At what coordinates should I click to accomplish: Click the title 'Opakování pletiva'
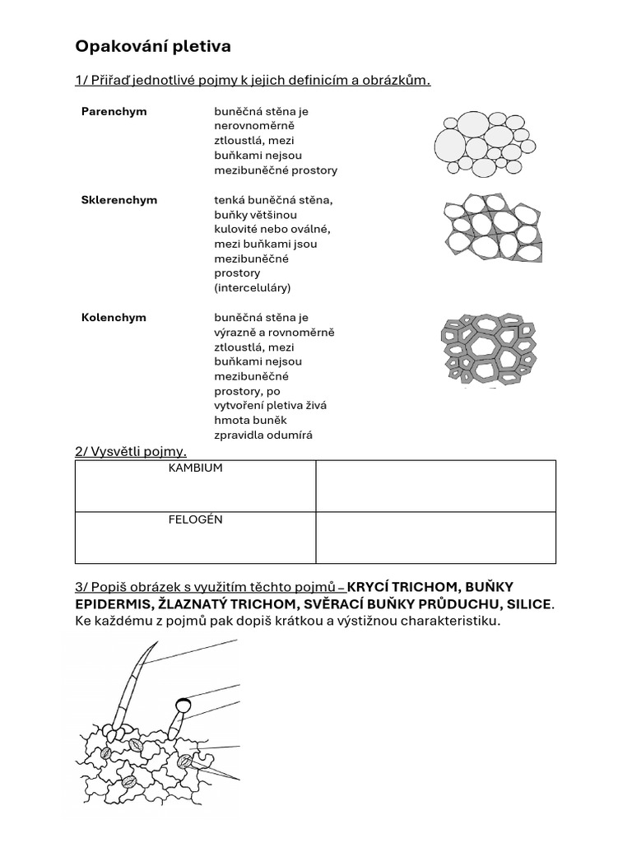[x=153, y=46]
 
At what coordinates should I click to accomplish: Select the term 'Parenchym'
[x=114, y=111]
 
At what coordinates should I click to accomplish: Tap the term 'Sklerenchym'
[x=119, y=200]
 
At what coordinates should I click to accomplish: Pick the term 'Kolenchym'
[x=114, y=318]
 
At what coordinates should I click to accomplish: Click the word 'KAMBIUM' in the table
[x=195, y=468]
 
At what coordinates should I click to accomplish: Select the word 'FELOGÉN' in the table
[x=195, y=519]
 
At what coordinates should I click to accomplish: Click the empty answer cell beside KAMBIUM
[x=435, y=486]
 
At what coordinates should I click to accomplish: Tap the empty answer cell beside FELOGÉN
[x=435, y=538]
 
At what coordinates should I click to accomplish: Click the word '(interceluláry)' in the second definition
[x=253, y=288]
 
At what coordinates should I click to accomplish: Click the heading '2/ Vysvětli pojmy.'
[x=131, y=450]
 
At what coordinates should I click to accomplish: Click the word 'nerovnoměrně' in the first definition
[x=253, y=126]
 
